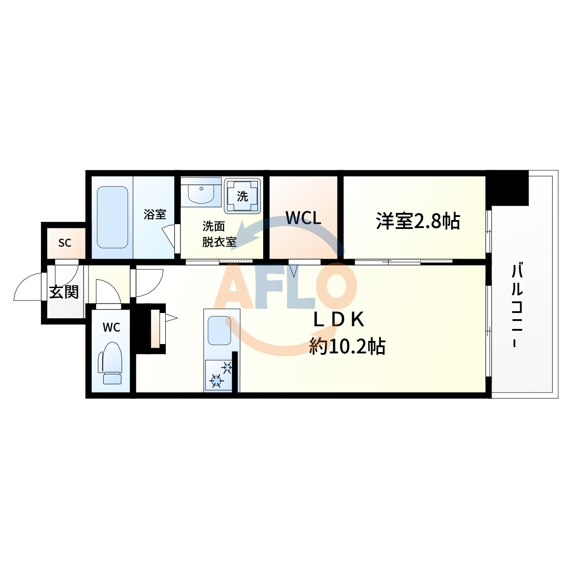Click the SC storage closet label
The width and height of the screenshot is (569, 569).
pyautogui.click(x=64, y=243)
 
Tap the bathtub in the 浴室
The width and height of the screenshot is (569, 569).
pyautogui.click(x=112, y=217)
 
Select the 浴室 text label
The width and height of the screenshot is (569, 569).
pyautogui.click(x=155, y=214)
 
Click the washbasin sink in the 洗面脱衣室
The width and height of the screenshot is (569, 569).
pyautogui.click(x=201, y=192)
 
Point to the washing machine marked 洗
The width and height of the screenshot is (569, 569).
pyautogui.click(x=242, y=196)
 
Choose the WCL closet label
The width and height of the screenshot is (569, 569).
pyautogui.click(x=303, y=218)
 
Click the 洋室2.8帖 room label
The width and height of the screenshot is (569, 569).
pyautogui.click(x=418, y=221)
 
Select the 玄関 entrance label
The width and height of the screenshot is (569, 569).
pyautogui.click(x=64, y=292)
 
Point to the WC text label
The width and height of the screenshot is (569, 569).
pyautogui.click(x=111, y=327)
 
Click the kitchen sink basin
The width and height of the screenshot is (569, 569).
pyautogui.click(x=220, y=330)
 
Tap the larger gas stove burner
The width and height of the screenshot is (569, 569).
pyautogui.click(x=216, y=381)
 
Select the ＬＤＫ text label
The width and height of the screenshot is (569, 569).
pyautogui.click(x=339, y=320)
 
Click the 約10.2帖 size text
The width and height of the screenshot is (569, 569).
pyautogui.click(x=347, y=346)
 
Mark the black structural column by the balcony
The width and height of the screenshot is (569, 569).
pyautogui.click(x=507, y=188)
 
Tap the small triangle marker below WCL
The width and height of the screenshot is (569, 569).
pyautogui.click(x=294, y=271)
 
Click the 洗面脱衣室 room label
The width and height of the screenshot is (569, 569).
pyautogui.click(x=219, y=234)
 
